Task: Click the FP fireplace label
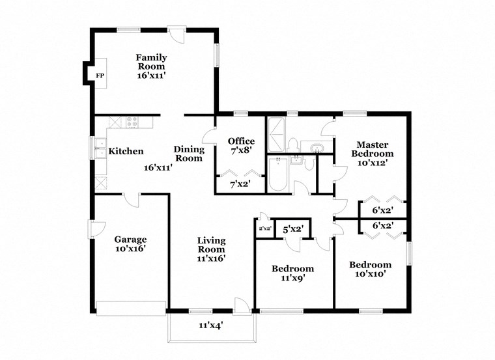(x=100, y=76)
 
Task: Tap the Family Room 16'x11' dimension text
(x=151, y=76)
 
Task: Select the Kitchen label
(x=126, y=151)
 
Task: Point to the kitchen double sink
(x=100, y=149)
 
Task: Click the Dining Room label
(x=189, y=154)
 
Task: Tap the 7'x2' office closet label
(x=240, y=185)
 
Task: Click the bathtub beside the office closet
(x=277, y=174)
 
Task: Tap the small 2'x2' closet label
(x=264, y=229)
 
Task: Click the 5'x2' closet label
(x=292, y=229)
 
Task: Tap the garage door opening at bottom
(x=131, y=307)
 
